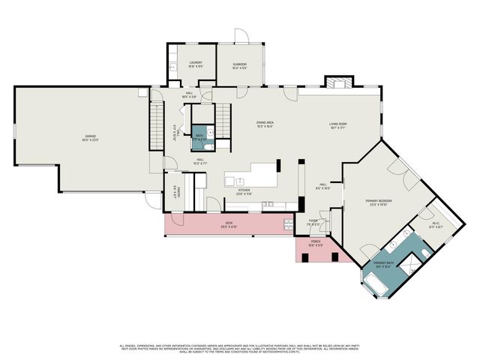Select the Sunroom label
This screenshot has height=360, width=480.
tap(239, 65)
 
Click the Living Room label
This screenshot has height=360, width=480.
tap(337, 125)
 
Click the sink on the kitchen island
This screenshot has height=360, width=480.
tap(238, 181)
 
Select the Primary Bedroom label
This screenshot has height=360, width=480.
tap(379, 202)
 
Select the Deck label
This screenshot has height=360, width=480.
tap(229, 224)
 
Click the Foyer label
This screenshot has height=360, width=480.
tap(313, 223)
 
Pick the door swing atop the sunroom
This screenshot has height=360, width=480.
tap(240, 36)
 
